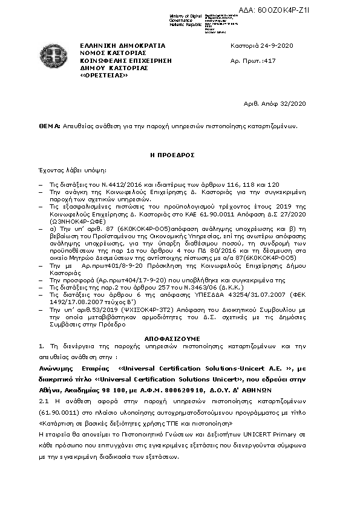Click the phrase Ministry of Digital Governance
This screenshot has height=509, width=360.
pos(171,18)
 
